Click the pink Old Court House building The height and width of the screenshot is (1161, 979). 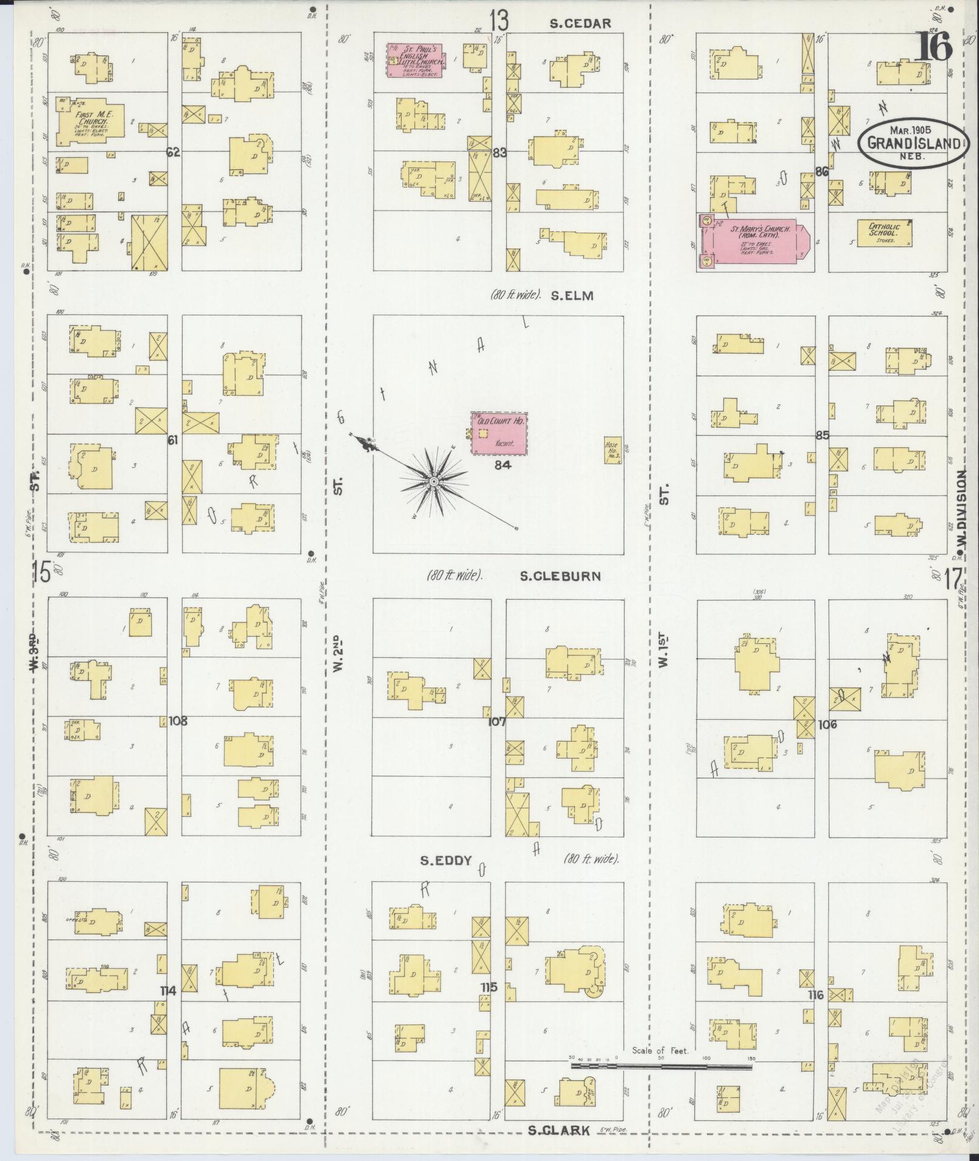click(500, 434)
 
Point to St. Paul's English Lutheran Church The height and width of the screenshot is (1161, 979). click(415, 59)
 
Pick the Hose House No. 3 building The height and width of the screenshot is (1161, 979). click(612, 450)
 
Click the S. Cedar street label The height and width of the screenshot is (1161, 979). click(580, 24)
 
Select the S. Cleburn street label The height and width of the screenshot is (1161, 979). click(560, 576)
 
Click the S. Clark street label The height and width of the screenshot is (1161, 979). click(558, 1130)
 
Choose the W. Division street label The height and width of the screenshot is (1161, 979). click(961, 503)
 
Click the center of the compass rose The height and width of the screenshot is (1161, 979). click(433, 481)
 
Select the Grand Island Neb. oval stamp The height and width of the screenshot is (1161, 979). click(911, 143)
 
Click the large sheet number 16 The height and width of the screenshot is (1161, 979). click(933, 46)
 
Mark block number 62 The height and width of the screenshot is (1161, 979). click(174, 152)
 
